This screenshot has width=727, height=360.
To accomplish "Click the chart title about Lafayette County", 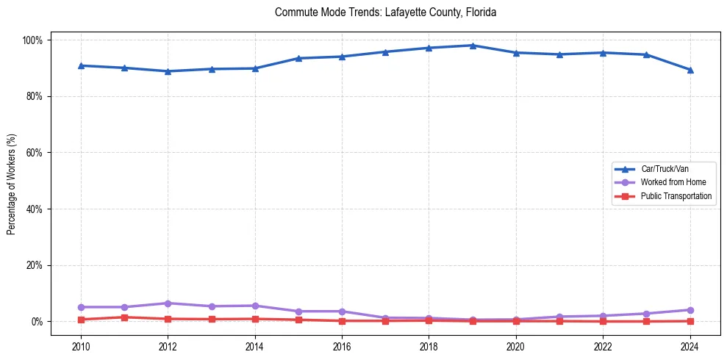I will [385, 12].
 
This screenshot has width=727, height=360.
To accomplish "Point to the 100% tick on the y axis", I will [35, 40].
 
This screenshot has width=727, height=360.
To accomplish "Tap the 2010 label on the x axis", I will [81, 347].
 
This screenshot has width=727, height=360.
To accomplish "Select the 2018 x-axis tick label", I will [429, 347].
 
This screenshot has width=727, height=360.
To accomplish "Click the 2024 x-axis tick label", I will [690, 347].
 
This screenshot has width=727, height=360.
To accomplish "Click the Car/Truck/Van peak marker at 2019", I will [473, 46].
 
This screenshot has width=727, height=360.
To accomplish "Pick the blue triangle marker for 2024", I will [690, 70].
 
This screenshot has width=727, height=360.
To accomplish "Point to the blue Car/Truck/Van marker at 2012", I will [168, 71].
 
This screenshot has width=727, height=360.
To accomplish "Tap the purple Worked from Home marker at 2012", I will [168, 303].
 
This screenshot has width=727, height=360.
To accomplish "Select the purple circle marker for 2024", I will [690, 310].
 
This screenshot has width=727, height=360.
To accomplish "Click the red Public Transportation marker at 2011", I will [125, 317].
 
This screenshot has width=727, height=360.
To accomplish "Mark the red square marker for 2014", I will [255, 319].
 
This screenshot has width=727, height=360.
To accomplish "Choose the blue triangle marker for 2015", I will [298, 58].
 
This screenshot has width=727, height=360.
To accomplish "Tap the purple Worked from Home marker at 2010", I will [81, 307].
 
